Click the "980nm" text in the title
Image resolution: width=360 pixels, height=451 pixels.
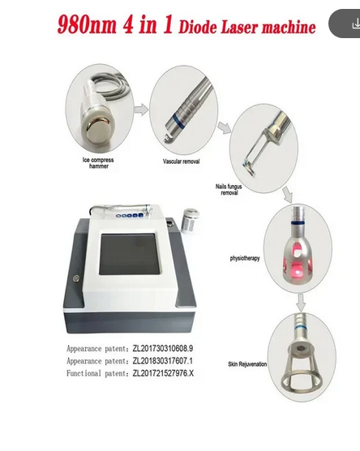point(87,24)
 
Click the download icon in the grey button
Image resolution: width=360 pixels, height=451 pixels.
point(356,24)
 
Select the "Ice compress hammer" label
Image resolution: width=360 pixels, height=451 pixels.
point(98,163)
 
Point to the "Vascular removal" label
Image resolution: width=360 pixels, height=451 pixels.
point(181,161)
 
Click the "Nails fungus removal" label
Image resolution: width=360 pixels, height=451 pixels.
point(229,190)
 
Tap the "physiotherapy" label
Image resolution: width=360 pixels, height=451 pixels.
point(245,258)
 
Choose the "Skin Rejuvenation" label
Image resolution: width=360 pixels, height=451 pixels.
point(247,364)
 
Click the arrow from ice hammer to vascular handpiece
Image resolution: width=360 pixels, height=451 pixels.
point(141,110)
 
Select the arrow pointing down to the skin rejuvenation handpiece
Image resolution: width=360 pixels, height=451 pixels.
point(301,303)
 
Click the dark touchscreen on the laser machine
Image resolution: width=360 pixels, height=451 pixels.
point(129,254)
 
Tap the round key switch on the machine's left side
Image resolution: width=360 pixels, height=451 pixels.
point(76,278)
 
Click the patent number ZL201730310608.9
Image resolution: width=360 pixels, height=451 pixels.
point(163,349)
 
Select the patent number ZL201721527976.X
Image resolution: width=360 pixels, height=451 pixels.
point(163,373)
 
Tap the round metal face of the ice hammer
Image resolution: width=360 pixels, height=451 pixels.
point(97,131)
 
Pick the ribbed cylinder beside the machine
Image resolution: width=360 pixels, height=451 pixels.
point(190,221)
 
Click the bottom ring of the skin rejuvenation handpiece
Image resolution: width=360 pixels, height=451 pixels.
point(301,384)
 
